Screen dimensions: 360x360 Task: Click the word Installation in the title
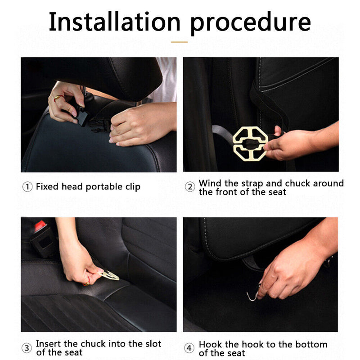115,22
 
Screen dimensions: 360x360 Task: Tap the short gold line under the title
179,42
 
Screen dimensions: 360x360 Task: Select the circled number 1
27,187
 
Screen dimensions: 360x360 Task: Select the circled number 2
190,187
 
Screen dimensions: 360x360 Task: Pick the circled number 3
27,348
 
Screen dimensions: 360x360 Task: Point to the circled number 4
189,348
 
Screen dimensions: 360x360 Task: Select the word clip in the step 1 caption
133,187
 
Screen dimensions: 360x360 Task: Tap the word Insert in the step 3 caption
49,344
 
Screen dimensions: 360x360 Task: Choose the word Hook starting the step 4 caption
211,344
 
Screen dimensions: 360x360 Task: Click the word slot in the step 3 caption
153,344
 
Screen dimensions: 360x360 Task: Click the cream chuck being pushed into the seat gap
109,274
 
